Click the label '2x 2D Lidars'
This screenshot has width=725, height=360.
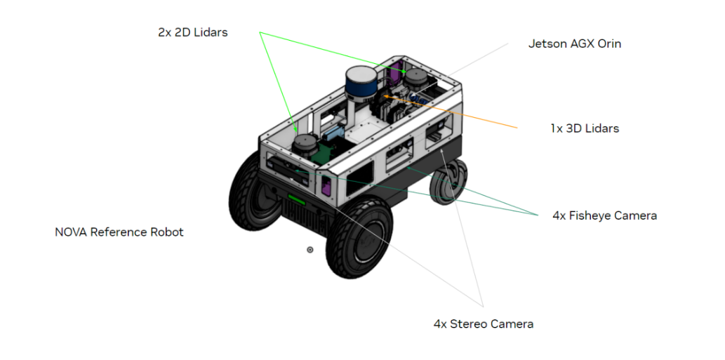pos(192,32)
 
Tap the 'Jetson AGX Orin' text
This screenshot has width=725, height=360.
pos(574,44)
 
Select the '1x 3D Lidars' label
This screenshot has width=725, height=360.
pos(584,128)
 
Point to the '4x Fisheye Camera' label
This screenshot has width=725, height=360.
pos(604,215)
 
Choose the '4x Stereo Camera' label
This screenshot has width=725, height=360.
pos(483,324)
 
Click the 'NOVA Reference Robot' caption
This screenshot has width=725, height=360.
pos(119,232)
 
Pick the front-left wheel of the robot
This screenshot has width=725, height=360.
pos(252,191)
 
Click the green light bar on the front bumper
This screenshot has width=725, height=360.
pos(295,201)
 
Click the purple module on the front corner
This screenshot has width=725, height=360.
pos(326,186)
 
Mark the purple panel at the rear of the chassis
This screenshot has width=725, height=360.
pos(395,72)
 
